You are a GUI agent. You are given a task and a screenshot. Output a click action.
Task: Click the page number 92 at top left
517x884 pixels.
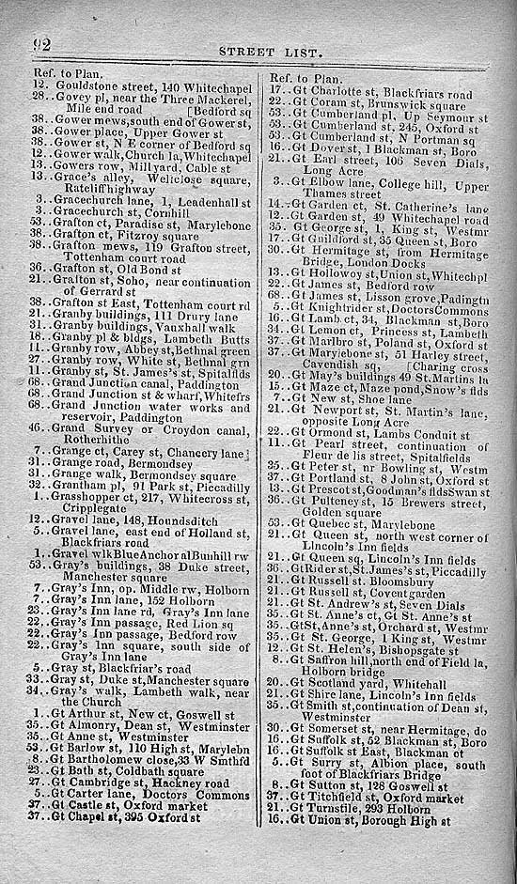click(x=40, y=44)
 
